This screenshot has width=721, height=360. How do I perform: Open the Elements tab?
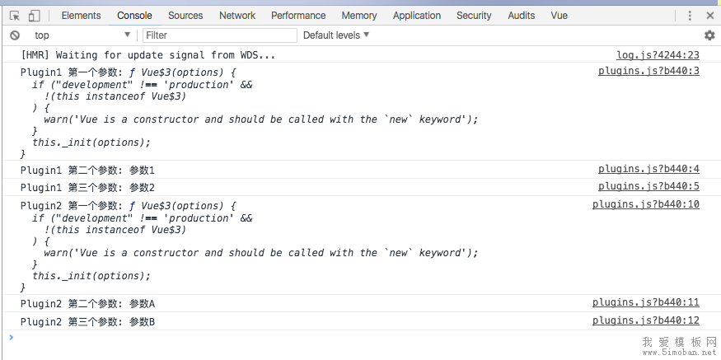(x=81, y=15)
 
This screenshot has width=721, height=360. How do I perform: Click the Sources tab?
(x=185, y=15)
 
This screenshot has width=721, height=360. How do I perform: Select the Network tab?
(x=237, y=15)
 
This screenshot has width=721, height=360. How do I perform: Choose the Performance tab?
(x=298, y=15)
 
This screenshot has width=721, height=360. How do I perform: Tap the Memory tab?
(x=359, y=15)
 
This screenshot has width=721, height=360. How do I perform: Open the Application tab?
(x=417, y=15)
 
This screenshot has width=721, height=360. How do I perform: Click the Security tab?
(x=474, y=15)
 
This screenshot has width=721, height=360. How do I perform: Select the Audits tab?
(x=522, y=15)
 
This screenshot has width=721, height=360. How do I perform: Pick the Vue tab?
(x=559, y=15)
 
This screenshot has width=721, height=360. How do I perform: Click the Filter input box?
(x=220, y=35)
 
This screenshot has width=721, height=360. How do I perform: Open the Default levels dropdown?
(x=336, y=35)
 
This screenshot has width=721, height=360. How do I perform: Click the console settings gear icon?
(x=709, y=35)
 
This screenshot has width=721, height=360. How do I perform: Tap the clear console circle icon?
(x=15, y=35)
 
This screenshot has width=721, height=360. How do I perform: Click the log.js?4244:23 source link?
(x=658, y=55)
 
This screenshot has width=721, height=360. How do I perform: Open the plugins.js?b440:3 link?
(x=648, y=71)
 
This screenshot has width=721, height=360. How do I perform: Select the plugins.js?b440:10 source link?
(x=645, y=204)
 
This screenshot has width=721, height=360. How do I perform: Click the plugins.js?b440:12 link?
(x=645, y=320)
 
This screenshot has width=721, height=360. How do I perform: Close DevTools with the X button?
(x=710, y=16)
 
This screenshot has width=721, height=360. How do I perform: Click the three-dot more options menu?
(x=689, y=16)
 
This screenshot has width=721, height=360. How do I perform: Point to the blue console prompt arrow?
(x=12, y=338)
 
